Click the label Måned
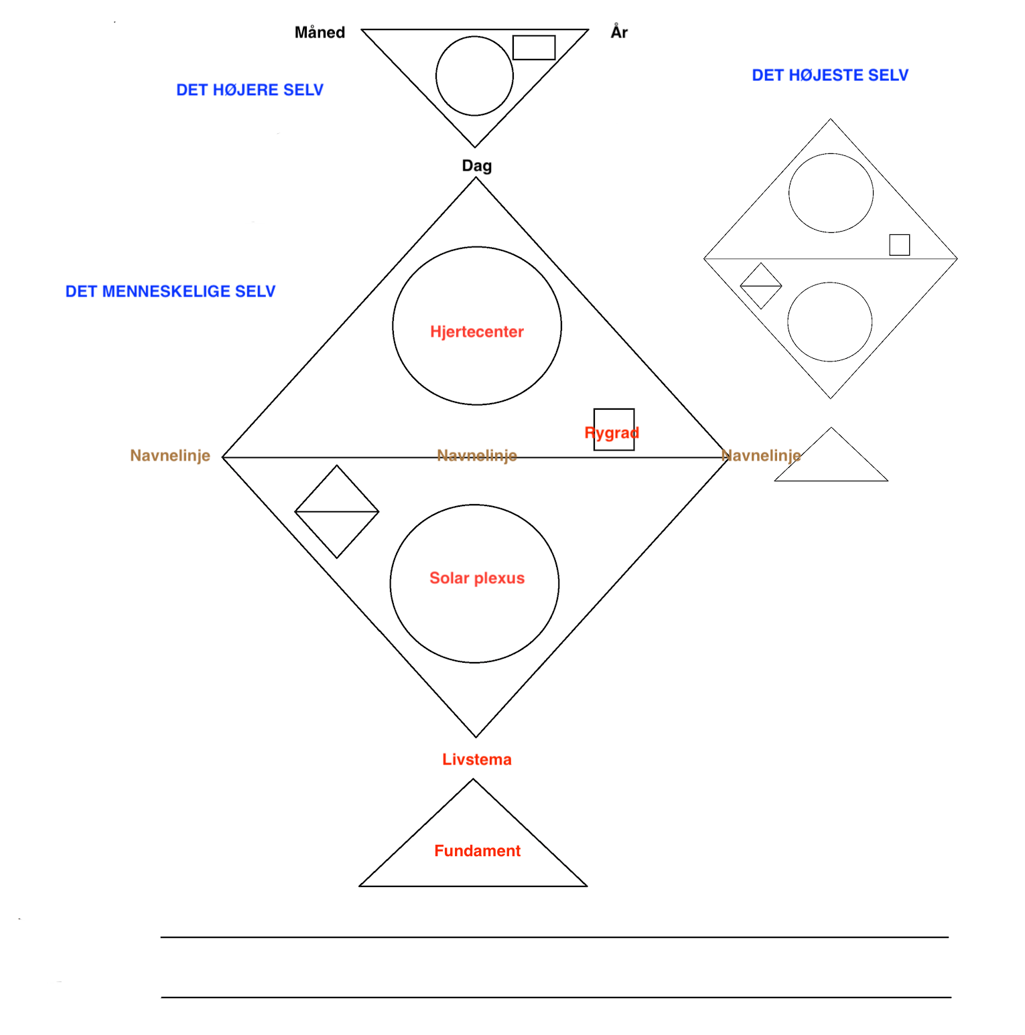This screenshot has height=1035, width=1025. (x=320, y=32)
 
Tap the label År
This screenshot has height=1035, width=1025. (x=619, y=32)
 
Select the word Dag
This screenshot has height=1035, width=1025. (x=476, y=165)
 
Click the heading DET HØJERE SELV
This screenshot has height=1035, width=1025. (x=249, y=90)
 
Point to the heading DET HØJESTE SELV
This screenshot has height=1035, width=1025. (x=829, y=75)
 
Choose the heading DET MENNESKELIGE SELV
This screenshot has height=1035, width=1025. (x=170, y=291)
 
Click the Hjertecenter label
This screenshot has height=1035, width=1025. (x=476, y=331)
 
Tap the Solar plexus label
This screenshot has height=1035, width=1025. (x=476, y=578)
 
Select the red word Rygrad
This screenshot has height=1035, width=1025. (x=612, y=432)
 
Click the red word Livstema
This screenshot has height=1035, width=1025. (x=476, y=759)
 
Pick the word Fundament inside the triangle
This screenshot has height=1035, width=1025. (x=477, y=850)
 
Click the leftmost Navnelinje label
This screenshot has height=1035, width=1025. (x=170, y=455)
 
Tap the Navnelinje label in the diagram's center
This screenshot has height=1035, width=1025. (x=476, y=455)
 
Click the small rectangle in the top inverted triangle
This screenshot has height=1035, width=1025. (x=534, y=48)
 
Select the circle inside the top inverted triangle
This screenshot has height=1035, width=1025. (x=474, y=76)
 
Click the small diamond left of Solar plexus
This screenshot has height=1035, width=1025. (x=337, y=511)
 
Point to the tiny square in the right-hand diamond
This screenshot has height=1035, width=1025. (x=899, y=244)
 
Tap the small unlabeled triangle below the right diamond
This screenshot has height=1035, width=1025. (x=831, y=462)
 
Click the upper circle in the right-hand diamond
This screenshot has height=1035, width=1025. (x=831, y=193)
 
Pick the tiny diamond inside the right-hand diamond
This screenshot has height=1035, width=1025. (x=760, y=286)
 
